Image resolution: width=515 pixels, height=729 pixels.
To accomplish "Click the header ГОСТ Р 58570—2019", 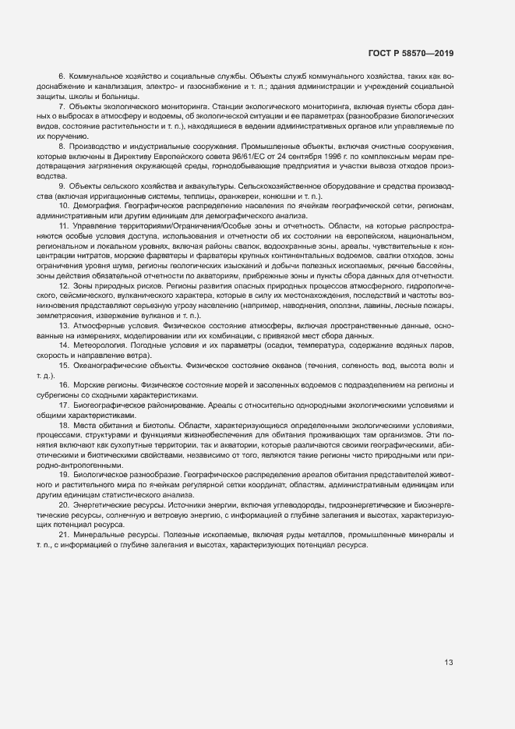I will coord(411,53).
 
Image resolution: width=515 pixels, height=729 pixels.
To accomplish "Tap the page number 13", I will coord(449,664).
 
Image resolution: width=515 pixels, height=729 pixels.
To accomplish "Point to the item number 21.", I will coord(64,535).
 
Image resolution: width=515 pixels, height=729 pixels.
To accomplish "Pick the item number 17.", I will coord(64,406).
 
